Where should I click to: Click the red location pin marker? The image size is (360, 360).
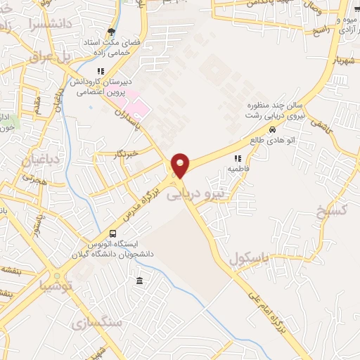181,165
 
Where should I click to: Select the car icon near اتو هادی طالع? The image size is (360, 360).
272,130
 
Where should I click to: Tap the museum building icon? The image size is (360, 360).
139,281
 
